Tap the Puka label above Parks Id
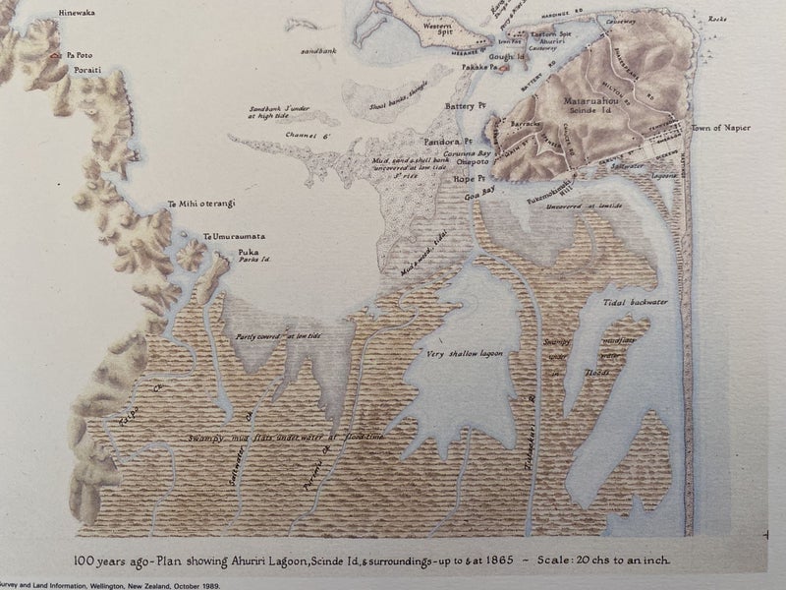(x=248, y=252)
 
